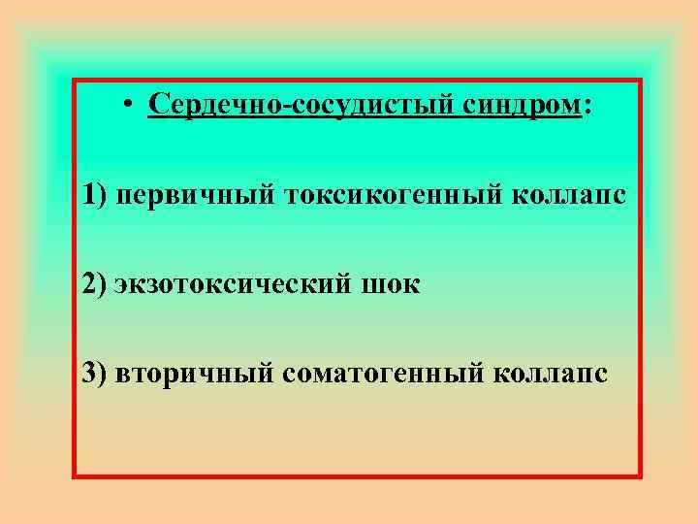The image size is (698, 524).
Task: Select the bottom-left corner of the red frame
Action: (x=75, y=476)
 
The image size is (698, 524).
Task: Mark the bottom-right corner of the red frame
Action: (x=640, y=476)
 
